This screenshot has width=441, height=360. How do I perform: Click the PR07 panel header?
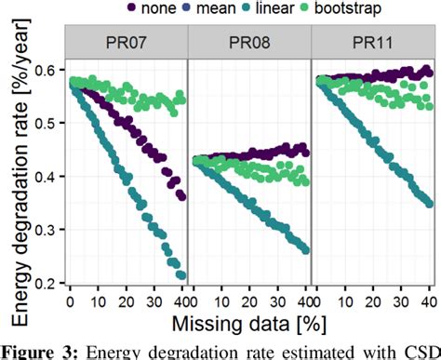(126, 43)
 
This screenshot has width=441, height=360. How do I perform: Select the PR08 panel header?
(248, 43)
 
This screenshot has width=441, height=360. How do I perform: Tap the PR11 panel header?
(371, 43)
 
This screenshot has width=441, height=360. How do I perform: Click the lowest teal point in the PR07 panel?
(180, 274)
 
